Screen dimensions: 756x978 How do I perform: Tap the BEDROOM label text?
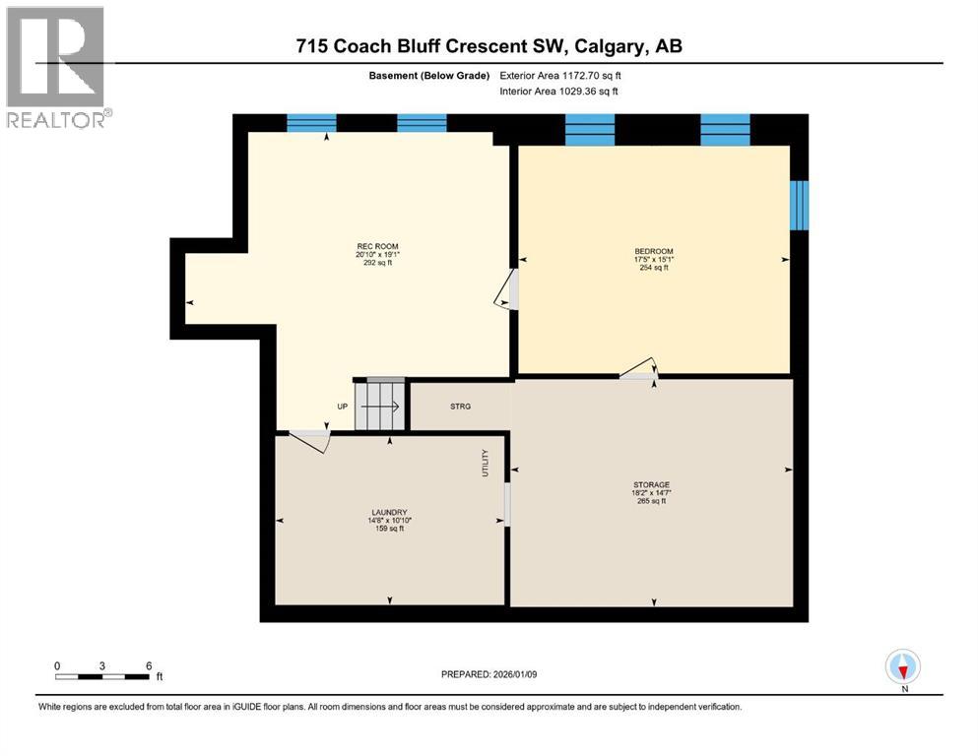point(653,252)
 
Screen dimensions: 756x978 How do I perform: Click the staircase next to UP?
point(379,405)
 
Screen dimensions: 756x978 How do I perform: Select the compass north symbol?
point(902,667)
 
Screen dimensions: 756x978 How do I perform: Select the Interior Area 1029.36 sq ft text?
point(559,92)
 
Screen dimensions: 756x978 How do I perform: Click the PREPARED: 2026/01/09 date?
point(489,674)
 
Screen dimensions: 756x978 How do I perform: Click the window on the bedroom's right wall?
point(800,204)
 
